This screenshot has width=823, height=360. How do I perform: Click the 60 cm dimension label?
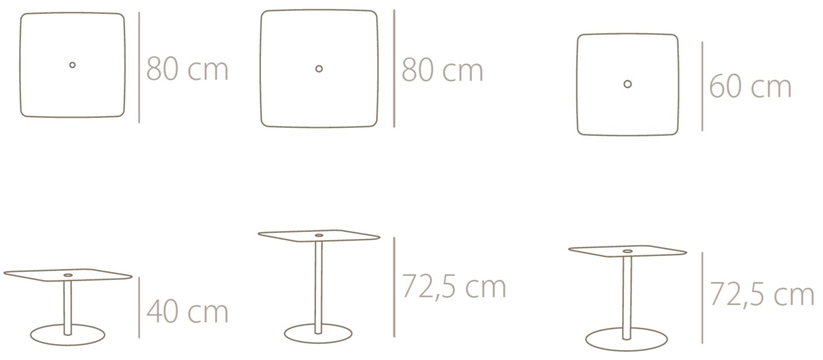[750, 87]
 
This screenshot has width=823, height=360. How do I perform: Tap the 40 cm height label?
[187, 311]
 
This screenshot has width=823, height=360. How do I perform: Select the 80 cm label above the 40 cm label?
[187, 69]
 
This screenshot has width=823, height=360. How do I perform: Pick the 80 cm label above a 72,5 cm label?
[443, 70]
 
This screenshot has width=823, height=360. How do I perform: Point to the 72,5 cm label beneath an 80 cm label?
[454, 287]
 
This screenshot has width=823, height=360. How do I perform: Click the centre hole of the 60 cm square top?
[627, 84]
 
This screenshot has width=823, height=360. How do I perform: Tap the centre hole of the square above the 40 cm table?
[73, 65]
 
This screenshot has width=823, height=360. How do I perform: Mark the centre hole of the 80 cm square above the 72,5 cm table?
[319, 69]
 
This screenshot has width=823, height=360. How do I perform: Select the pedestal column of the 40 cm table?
[68, 308]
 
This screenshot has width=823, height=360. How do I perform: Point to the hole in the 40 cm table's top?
[68, 275]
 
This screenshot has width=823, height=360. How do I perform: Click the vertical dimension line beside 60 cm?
[702, 86]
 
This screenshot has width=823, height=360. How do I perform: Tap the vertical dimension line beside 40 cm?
[139, 307]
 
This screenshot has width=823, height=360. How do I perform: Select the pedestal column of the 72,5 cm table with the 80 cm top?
[318, 287]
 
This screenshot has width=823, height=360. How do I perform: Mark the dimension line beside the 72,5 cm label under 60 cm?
[702, 298]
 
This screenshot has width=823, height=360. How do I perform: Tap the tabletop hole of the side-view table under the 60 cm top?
[627, 252]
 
